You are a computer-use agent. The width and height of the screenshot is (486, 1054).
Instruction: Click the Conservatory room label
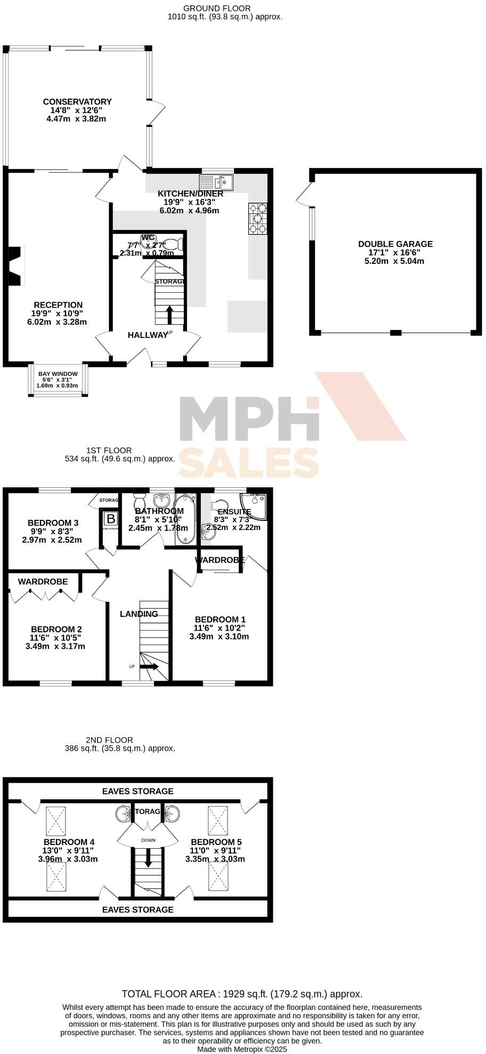pyautogui.click(x=77, y=102)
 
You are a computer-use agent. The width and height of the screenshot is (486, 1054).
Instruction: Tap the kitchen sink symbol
pyautogui.click(x=216, y=182)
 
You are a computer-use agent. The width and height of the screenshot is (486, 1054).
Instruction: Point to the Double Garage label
pyautogui.click(x=395, y=244)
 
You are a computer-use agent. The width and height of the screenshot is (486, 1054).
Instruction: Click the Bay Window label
pyautogui.click(x=58, y=374)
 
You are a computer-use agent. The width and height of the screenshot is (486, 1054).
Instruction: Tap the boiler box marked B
pyautogui.click(x=110, y=519)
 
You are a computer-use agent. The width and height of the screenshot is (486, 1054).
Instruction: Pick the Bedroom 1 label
pyautogui.click(x=220, y=619)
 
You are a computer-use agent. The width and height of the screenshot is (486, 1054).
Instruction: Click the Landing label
pyautogui.click(x=139, y=614)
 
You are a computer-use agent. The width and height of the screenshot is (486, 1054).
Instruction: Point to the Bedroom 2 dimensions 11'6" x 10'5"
pyautogui.click(x=55, y=638)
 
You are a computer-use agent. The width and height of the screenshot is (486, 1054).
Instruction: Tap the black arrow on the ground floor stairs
pyautogui.click(x=169, y=315)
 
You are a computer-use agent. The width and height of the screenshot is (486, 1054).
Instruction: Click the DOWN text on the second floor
pyautogui.click(x=148, y=841)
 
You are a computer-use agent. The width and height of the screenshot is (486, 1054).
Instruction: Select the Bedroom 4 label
pyautogui.click(x=69, y=842)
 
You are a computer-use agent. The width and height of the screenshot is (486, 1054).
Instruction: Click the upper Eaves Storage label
pyautogui.click(x=137, y=791)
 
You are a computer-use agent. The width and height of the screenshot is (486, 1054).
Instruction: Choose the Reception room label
pyautogui.click(x=58, y=305)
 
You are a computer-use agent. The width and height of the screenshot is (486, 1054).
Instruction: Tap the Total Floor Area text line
pyautogui.click(x=242, y=994)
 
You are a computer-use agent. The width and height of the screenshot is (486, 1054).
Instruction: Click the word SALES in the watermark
pyautogui.click(x=248, y=462)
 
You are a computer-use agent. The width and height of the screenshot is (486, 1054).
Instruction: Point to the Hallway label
pyautogui.click(x=147, y=335)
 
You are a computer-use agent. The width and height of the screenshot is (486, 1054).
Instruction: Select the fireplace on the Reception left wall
pyautogui.click(x=16, y=265)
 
